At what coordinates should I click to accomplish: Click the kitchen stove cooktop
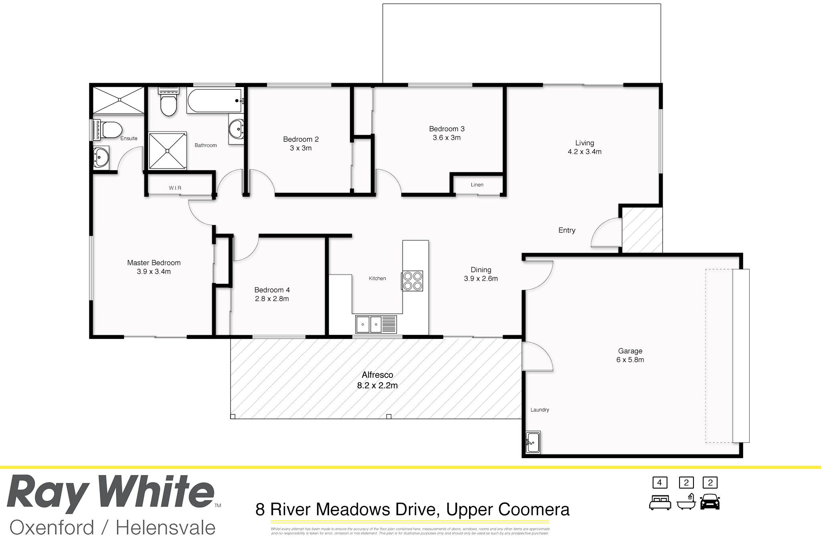[x=412, y=281]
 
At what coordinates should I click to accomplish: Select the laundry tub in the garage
[x=533, y=442]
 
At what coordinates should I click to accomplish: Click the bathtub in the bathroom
[x=214, y=101]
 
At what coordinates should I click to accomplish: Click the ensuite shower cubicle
[x=118, y=100]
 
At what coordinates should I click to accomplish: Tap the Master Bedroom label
[x=154, y=263]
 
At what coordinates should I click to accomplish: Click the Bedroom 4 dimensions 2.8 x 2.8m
[x=272, y=299]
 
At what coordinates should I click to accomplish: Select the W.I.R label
[x=175, y=188]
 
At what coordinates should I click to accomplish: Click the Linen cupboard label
[x=477, y=185]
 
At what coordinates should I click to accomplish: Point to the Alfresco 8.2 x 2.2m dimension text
[x=377, y=386]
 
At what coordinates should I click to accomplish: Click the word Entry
[x=566, y=230]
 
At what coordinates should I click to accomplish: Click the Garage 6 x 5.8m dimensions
[x=630, y=360]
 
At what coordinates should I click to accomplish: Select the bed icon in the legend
[x=660, y=502]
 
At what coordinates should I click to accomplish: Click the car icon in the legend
[x=710, y=502]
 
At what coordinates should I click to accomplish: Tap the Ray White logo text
[x=110, y=493]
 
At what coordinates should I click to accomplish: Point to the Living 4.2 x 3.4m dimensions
[x=584, y=152]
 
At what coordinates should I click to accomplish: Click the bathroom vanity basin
[x=237, y=128]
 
